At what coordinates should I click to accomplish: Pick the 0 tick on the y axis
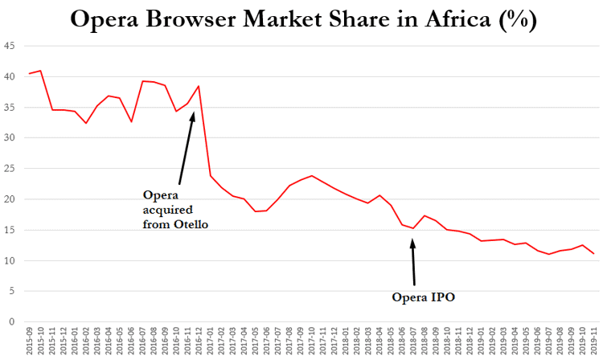[x=11, y=322]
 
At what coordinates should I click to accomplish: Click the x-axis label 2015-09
[x=30, y=342]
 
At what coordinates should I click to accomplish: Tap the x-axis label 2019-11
[x=593, y=342]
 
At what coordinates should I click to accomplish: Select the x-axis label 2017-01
[x=210, y=342]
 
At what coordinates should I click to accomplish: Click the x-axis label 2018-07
[x=413, y=342]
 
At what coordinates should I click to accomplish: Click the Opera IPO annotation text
[x=424, y=298]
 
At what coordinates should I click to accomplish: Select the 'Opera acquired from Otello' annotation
[x=175, y=210]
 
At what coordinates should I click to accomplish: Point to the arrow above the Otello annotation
[x=187, y=149]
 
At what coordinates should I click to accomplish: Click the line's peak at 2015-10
[x=41, y=71]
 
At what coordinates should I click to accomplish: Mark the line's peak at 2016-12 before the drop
[x=199, y=86]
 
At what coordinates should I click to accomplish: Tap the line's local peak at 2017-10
[x=311, y=175]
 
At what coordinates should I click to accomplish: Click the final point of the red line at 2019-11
[x=593, y=254]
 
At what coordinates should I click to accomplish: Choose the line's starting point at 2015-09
[x=30, y=74]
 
